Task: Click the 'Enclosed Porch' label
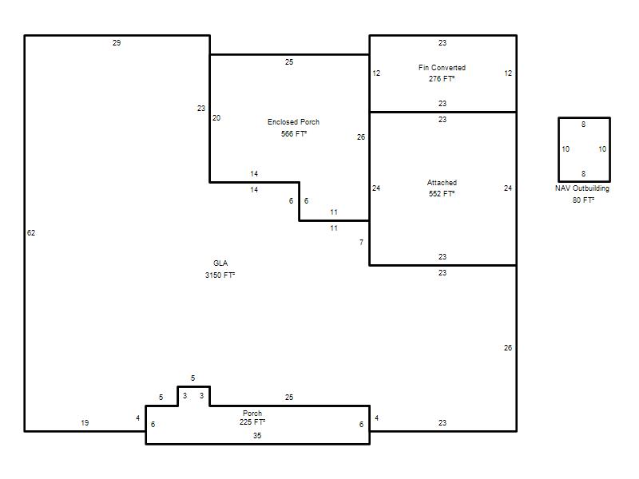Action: pyautogui.click(x=293, y=122)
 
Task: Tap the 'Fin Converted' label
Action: pyautogui.click(x=442, y=68)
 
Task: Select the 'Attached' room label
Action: pyautogui.click(x=442, y=183)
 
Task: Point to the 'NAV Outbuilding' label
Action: pyautogui.click(x=582, y=188)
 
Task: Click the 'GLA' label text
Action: pyautogui.click(x=220, y=263)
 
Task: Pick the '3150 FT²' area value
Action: pyautogui.click(x=220, y=275)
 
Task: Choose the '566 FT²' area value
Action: pyautogui.click(x=293, y=133)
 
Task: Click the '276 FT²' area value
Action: pyautogui.click(x=442, y=78)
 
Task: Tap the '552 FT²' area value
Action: pyautogui.click(x=442, y=193)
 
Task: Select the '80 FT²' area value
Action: pyautogui.click(x=583, y=200)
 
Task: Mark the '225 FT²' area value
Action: pyautogui.click(x=252, y=422)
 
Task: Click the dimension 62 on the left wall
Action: pyautogui.click(x=31, y=232)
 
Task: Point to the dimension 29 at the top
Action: pyautogui.click(x=117, y=43)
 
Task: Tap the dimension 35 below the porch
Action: pyautogui.click(x=256, y=435)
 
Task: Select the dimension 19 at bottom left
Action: pyautogui.click(x=85, y=423)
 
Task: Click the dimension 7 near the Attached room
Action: pyautogui.click(x=361, y=243)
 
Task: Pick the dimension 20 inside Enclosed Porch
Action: pyautogui.click(x=216, y=117)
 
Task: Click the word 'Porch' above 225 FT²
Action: pyautogui.click(x=252, y=413)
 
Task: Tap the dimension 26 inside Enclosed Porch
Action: pyautogui.click(x=361, y=137)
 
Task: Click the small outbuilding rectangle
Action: pyautogui.click(x=558, y=149)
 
